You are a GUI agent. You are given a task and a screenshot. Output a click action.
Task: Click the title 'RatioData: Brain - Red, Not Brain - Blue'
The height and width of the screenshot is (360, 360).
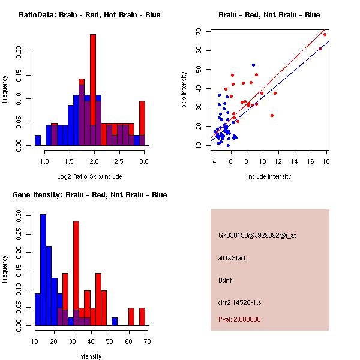point(89,15)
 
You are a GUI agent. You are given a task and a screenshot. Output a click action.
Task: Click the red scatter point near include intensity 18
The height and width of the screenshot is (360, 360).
point(325,34)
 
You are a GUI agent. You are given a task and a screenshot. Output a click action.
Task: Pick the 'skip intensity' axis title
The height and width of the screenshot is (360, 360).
point(185,90)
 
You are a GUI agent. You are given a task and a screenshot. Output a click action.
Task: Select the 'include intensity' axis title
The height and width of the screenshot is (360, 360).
point(269,176)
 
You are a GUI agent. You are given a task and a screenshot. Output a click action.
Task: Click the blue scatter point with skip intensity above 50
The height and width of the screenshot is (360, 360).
point(253,65)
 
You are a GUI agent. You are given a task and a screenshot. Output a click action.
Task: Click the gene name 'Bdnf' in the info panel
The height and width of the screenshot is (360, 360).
point(226,280)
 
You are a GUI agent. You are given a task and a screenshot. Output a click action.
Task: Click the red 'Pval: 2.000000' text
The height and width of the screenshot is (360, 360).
point(239,319)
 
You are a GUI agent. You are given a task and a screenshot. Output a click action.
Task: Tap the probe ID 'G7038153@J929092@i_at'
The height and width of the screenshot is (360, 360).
point(257,235)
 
